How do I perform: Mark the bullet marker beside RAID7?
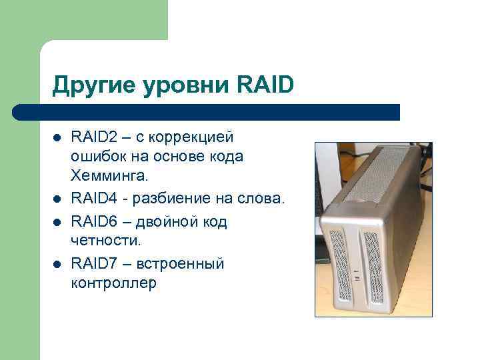pos(57,265)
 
